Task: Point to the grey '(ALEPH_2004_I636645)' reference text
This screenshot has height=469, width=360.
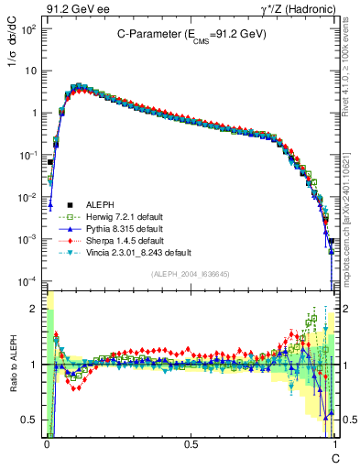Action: (x=191, y=273)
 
